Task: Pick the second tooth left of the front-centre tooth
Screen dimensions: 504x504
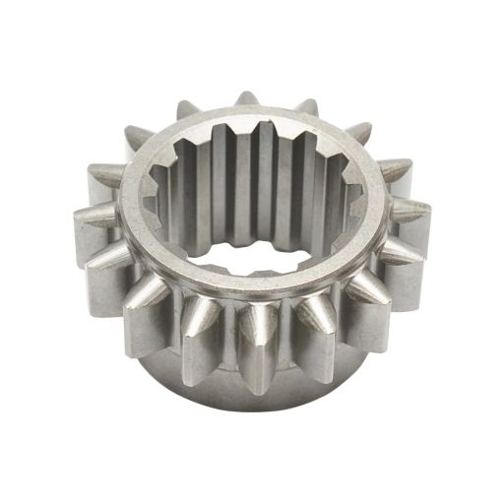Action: [x=151, y=297]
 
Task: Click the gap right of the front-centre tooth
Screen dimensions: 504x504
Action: [x=285, y=340]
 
